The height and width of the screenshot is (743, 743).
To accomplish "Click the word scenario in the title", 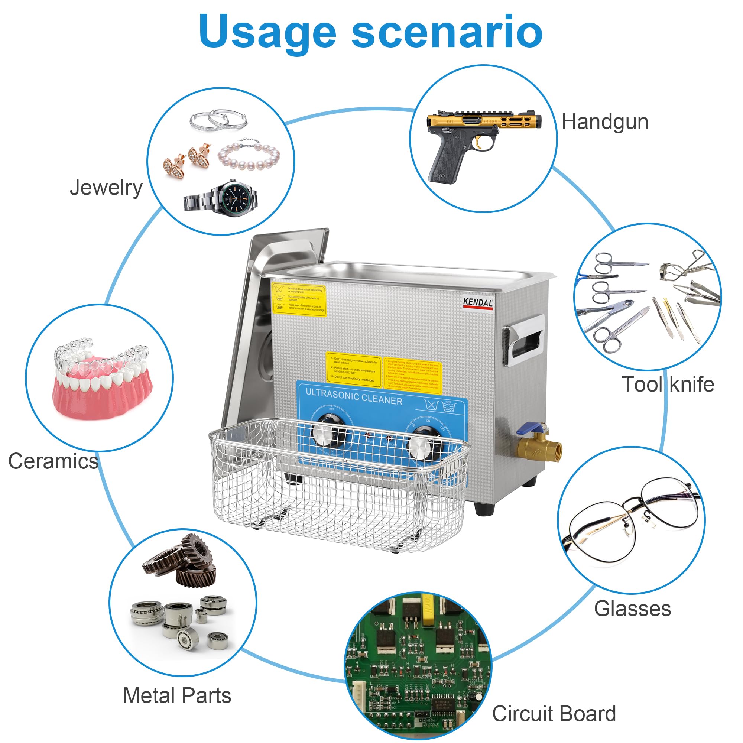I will pyautogui.click(x=447, y=32).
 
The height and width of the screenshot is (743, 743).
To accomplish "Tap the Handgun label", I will pyautogui.click(x=605, y=122).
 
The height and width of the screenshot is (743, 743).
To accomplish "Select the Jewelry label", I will pyautogui.click(x=106, y=188).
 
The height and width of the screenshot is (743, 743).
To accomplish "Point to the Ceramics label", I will pyautogui.click(x=53, y=461).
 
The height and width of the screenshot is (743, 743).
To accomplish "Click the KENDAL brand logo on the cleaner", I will pyautogui.click(x=478, y=303).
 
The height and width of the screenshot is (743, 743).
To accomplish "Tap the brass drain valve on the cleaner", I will pyautogui.click(x=538, y=447).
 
